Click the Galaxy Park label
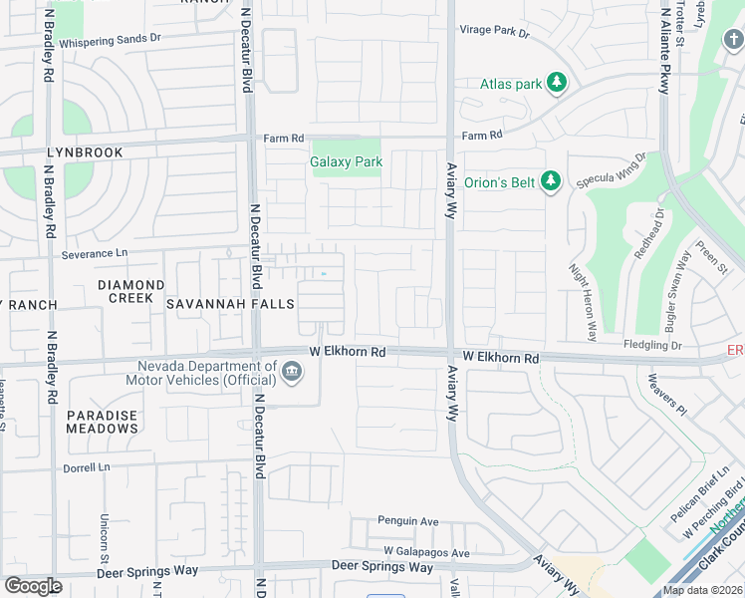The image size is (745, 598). click(x=346, y=161)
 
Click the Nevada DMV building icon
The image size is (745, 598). click(x=292, y=373)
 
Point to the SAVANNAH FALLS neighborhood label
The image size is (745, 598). click(x=216, y=303)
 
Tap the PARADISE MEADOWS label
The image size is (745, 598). click(x=102, y=421)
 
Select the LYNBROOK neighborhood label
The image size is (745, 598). click(x=85, y=152)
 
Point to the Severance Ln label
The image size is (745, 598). click(x=95, y=254)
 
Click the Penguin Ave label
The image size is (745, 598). click(x=407, y=521)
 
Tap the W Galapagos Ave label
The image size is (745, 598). click(x=426, y=552)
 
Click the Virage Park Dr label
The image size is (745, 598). click(x=494, y=31)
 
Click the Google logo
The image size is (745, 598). click(x=33, y=586)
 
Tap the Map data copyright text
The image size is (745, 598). click(x=703, y=590)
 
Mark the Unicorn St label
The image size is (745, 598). click(x=105, y=537)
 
